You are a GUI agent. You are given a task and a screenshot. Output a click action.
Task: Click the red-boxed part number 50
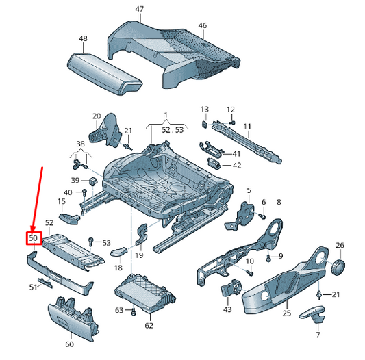pyautogui.click(x=33, y=238)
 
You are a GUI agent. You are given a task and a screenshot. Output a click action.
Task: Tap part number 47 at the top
pyautogui.click(x=139, y=9)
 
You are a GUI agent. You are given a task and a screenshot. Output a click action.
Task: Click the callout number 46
pyautogui.click(x=202, y=25)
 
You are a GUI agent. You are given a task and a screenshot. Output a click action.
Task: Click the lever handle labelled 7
pyautogui.click(x=315, y=316)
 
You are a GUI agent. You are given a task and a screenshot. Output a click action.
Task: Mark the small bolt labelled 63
pyautogui.click(x=134, y=313)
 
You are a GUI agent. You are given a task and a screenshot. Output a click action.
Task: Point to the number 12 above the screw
pyautogui.click(x=230, y=110)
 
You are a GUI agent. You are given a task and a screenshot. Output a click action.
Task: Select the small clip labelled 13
pyautogui.click(x=205, y=125)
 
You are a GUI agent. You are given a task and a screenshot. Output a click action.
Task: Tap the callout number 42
pyautogui.click(x=236, y=165)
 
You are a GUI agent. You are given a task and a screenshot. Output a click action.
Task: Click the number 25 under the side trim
pyautogui.click(x=287, y=313)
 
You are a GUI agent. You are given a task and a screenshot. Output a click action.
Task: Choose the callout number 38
pyautogui.click(x=80, y=144)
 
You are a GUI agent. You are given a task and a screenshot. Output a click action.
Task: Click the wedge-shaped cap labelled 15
pyautogui.click(x=69, y=218)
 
